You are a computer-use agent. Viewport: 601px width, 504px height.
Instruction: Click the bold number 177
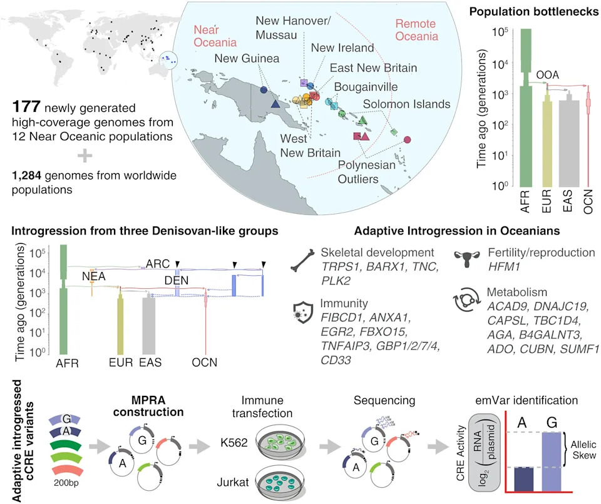tap(26, 107)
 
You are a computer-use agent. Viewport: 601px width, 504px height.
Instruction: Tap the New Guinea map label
tap(247, 58)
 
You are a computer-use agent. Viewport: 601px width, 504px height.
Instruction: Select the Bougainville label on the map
tap(366, 87)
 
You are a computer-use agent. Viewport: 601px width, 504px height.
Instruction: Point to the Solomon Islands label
tap(406, 104)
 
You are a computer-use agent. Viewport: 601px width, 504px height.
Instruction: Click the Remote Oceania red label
tap(416, 30)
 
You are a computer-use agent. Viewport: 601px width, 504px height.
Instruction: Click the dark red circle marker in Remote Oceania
tap(408, 140)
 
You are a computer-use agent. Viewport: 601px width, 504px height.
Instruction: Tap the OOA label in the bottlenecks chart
tap(547, 74)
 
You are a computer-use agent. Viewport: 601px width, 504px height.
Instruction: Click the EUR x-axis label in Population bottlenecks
tap(547, 201)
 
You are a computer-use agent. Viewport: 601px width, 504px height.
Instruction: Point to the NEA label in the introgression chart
tap(93, 276)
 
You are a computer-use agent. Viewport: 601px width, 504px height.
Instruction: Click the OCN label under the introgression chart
tap(204, 362)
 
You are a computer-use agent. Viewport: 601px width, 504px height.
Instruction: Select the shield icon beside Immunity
tap(303, 312)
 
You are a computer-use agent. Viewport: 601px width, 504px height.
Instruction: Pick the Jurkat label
tap(233, 481)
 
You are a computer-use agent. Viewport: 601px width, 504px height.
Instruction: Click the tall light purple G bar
tap(552, 461)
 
